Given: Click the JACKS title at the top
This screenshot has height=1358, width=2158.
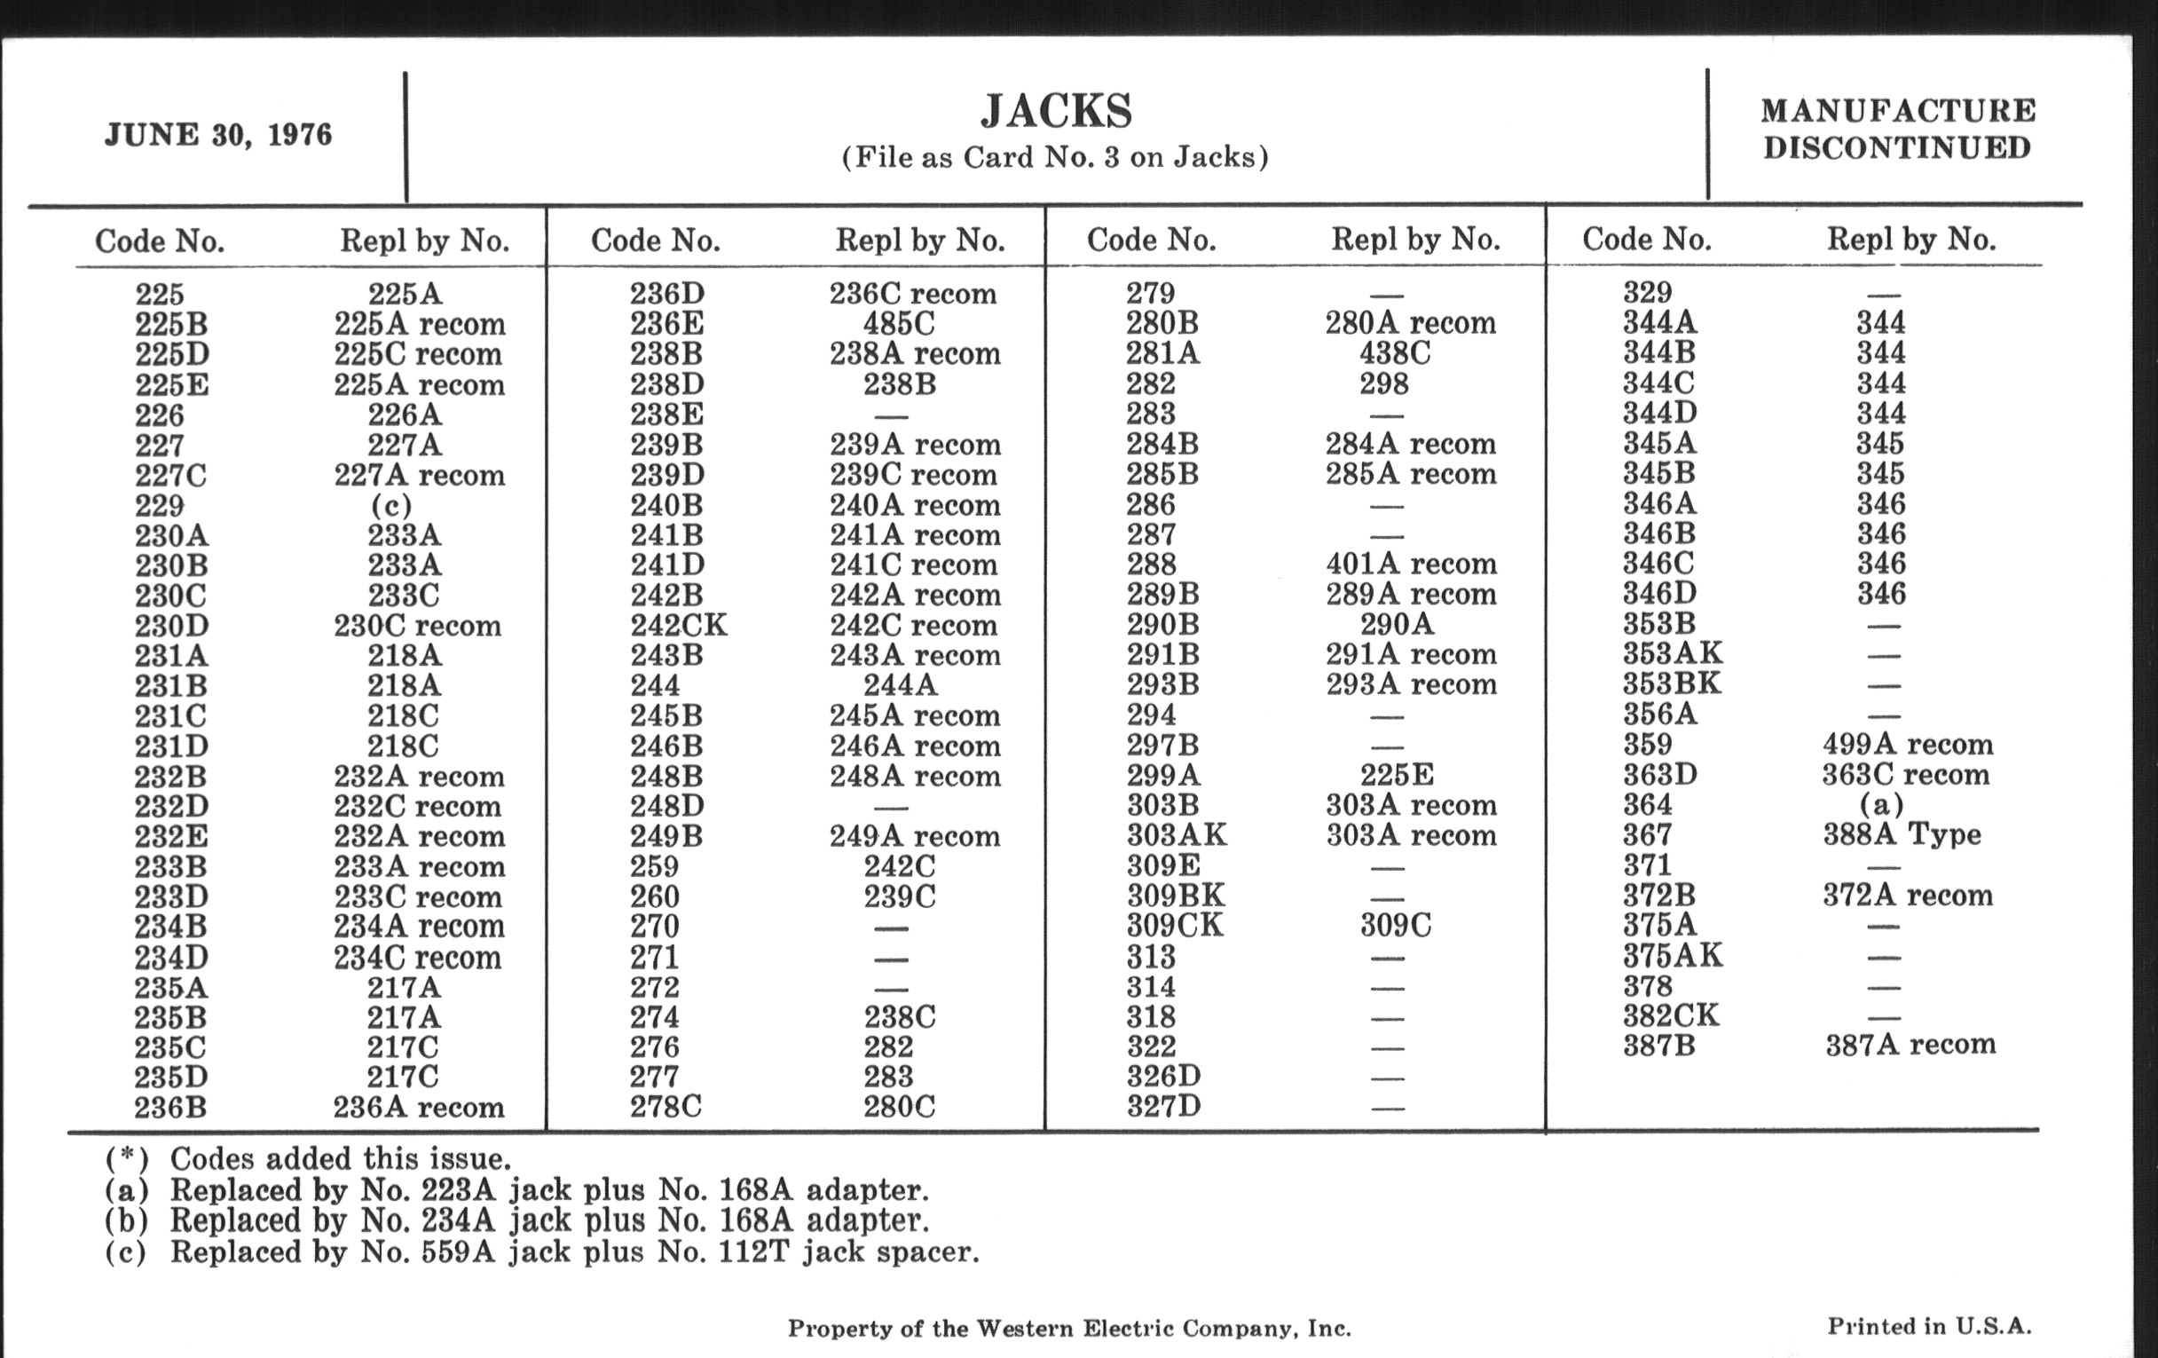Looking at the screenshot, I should (x=1056, y=111).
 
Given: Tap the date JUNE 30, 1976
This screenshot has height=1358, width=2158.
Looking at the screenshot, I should (x=218, y=135).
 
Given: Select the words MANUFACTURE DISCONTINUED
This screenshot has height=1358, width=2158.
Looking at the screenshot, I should (x=1897, y=129).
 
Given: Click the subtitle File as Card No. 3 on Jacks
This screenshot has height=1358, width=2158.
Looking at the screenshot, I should (x=1055, y=158).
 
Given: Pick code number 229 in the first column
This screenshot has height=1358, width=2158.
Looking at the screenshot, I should (x=160, y=506).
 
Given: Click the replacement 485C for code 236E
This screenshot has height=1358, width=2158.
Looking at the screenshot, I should (x=899, y=324).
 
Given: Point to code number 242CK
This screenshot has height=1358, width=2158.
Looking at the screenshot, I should (x=679, y=625).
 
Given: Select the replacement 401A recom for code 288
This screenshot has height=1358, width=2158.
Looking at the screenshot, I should (x=1411, y=564).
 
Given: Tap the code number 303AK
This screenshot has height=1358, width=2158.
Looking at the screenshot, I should (x=1176, y=835).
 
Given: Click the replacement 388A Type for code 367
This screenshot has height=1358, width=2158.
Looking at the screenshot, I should (x=1902, y=834).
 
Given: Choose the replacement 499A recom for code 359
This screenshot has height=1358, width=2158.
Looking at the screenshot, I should (x=1907, y=744).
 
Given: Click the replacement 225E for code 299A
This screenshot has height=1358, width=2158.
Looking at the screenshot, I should (x=1396, y=775).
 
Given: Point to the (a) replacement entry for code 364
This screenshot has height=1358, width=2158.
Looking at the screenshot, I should (x=1881, y=805).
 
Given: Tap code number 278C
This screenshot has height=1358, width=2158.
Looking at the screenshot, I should (x=665, y=1107).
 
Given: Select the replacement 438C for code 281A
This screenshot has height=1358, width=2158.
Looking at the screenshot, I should (x=1395, y=353).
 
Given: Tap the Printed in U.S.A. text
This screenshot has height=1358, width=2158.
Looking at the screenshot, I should (x=1928, y=1327).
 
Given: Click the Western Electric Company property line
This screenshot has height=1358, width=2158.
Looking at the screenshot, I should (x=1068, y=1329).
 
